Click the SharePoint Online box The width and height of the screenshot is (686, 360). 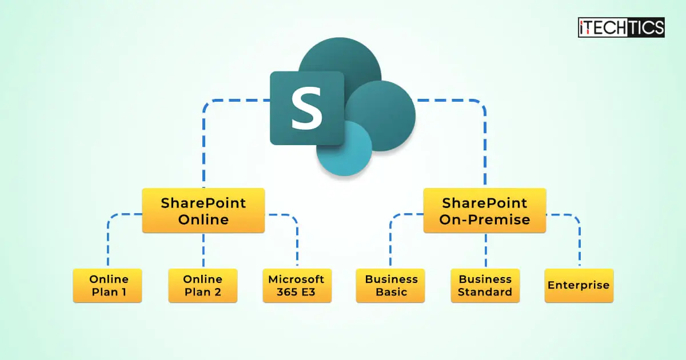[204, 211]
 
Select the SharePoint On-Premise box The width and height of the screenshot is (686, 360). [485, 211]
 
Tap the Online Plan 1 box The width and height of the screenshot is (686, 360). [107, 286]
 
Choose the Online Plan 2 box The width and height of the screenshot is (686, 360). [203, 286]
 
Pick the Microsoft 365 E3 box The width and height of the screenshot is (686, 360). [297, 286]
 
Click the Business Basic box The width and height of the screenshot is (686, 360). [390, 286]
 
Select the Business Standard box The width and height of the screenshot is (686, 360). [485, 286]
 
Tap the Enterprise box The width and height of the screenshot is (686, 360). [579, 286]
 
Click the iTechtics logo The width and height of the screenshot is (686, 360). [621, 27]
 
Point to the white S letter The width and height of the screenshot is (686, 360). [306, 108]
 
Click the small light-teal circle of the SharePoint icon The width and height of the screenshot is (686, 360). [344, 149]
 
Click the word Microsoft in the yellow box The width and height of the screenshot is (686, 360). [296, 279]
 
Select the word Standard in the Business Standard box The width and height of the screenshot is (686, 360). [485, 292]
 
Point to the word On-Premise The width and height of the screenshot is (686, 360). [485, 219]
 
